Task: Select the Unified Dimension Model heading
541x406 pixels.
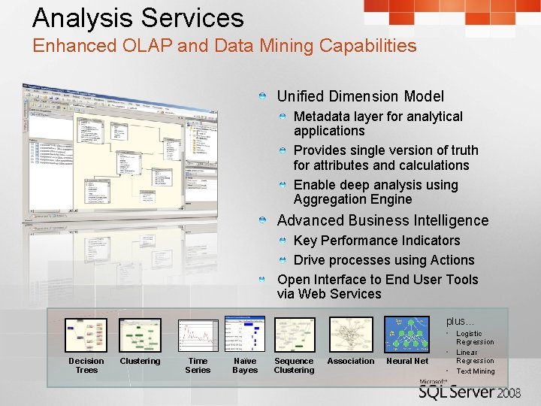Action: [x=360, y=96]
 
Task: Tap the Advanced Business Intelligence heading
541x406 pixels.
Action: [x=382, y=220]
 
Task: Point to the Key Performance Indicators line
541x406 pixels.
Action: [x=376, y=241]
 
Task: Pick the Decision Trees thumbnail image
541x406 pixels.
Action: [x=86, y=335]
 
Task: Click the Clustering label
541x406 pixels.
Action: [x=140, y=362]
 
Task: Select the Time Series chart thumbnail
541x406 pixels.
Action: [x=198, y=336]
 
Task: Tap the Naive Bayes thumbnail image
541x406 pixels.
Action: [x=245, y=335]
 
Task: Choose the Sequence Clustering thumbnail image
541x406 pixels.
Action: [x=294, y=335]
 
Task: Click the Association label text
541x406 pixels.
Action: [x=350, y=362]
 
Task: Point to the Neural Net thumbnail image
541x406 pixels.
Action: [x=407, y=335]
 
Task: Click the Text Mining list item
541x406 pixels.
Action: [x=475, y=371]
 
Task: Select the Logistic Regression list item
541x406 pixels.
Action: [x=475, y=338]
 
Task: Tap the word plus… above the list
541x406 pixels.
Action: [x=459, y=321]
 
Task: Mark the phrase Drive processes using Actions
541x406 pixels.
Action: [x=384, y=260]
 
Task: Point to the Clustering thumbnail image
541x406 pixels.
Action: [x=140, y=335]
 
